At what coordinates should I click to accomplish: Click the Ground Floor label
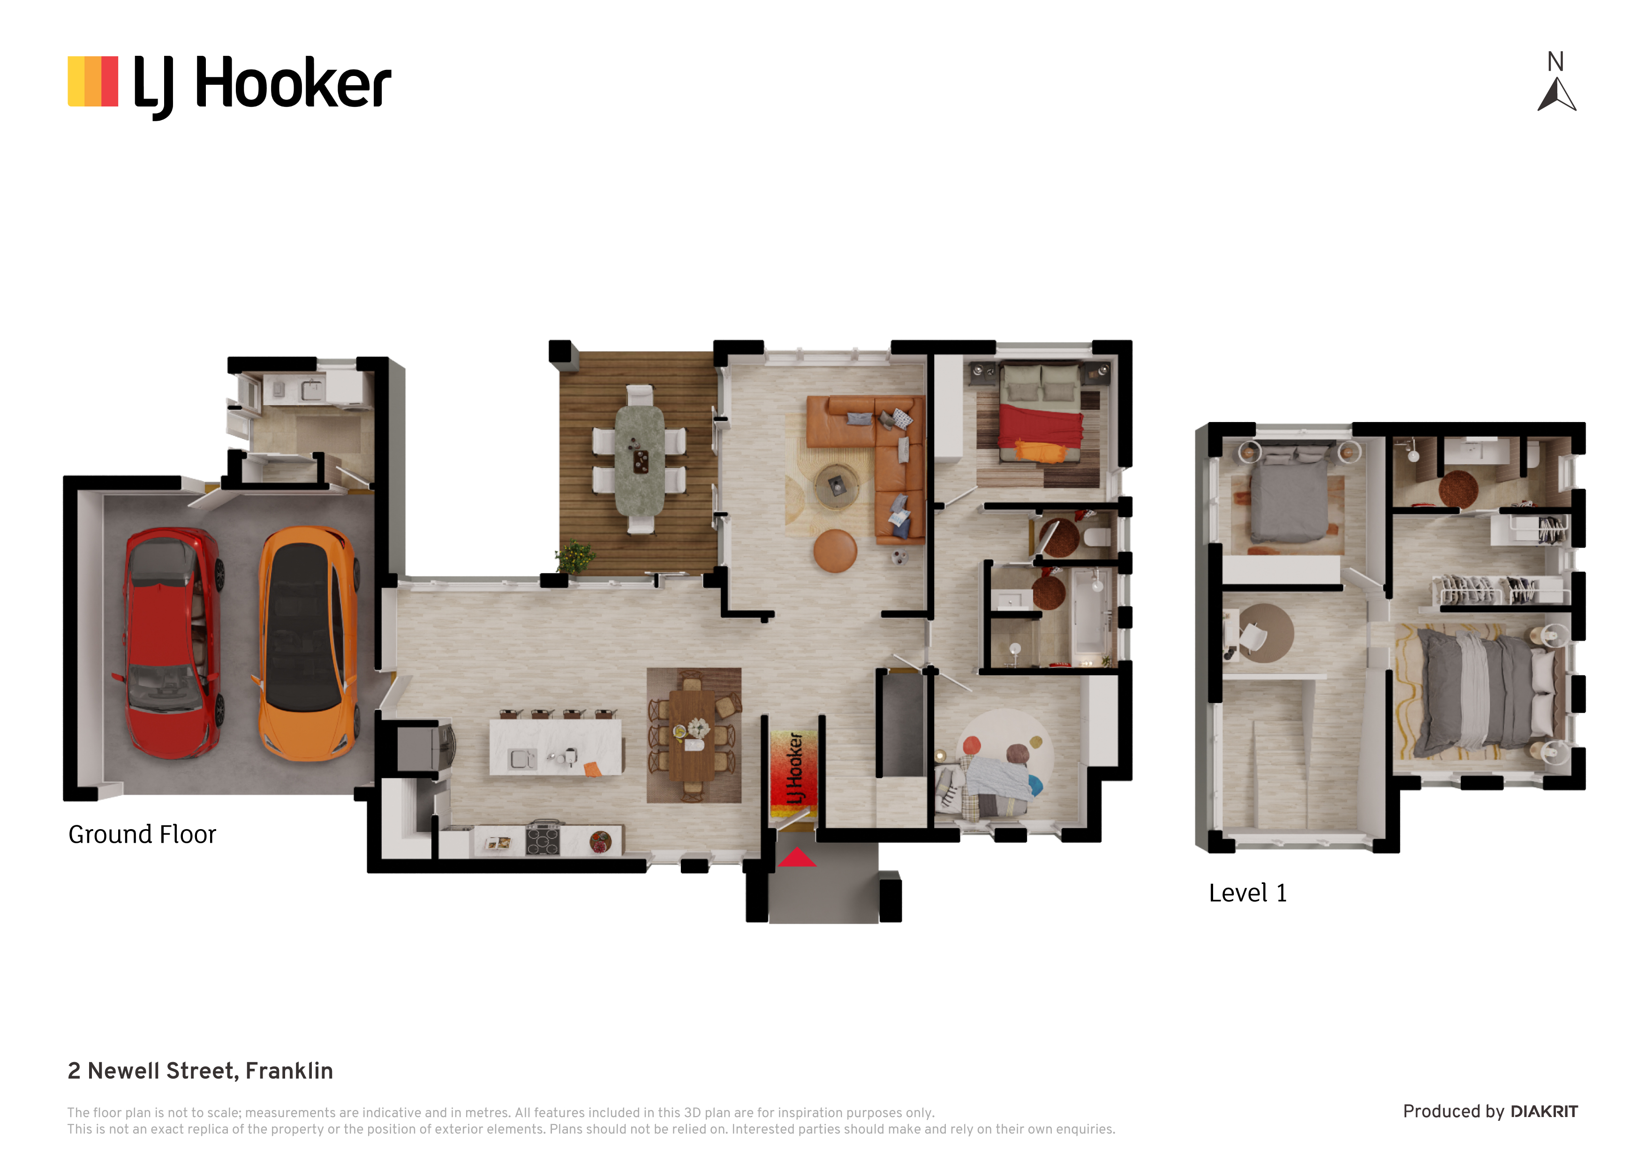(142, 835)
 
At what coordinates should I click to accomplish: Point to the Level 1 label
(1247, 893)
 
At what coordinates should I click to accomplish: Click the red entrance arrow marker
(797, 858)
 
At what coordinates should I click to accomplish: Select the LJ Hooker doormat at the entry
(792, 774)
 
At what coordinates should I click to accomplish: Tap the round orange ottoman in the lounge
(835, 551)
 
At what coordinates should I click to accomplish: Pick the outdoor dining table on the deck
(639, 460)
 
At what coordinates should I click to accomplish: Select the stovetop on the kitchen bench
(543, 839)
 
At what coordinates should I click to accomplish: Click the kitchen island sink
(521, 758)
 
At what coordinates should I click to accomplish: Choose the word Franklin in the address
(289, 1071)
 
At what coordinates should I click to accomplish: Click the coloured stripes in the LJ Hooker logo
(92, 82)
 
